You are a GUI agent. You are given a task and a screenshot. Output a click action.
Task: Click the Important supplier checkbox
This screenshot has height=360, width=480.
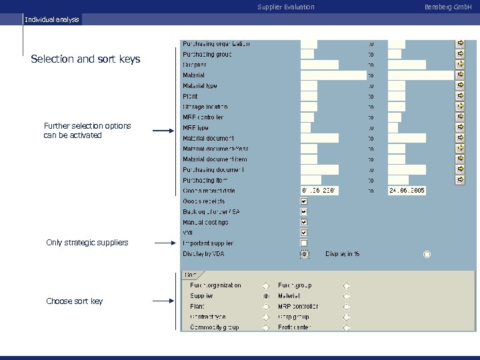coord(304,243)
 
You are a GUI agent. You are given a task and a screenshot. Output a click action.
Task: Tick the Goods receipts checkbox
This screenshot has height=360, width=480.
coord(304,201)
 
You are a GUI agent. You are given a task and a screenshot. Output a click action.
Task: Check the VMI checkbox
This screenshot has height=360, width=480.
coord(304,233)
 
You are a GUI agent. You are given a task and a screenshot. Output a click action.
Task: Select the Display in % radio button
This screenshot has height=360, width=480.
coord(427,254)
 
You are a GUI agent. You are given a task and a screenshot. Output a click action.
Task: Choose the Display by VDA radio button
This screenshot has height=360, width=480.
coord(304,254)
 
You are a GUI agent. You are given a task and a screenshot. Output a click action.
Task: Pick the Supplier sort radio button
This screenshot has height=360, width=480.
coord(266,296)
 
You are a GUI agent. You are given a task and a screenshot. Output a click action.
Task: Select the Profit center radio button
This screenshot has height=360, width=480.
coord(347,328)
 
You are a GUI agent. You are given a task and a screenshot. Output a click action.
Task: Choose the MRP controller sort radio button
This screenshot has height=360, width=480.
coord(347,307)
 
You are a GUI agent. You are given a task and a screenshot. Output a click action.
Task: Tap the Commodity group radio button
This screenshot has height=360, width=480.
coord(266,328)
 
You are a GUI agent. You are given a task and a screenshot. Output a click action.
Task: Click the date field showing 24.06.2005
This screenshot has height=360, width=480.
coord(407,191)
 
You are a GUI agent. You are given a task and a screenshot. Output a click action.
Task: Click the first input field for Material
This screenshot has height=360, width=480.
coord(333,75)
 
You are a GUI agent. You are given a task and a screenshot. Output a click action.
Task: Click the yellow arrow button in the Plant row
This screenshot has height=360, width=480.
coord(460,96)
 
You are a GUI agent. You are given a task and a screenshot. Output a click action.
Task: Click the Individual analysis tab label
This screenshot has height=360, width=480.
coord(52,19)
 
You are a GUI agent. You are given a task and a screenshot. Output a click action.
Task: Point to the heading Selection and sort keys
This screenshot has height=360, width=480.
coord(85,59)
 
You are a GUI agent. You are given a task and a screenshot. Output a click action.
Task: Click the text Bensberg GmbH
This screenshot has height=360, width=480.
coord(448,7)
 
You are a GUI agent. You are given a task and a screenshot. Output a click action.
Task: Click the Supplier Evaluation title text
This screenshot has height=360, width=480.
coord(285,7)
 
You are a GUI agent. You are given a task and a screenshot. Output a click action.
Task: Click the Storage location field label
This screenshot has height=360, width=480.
coord(205,107)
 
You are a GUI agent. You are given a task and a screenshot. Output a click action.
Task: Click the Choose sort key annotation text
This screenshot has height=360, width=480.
coord(74,301)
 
